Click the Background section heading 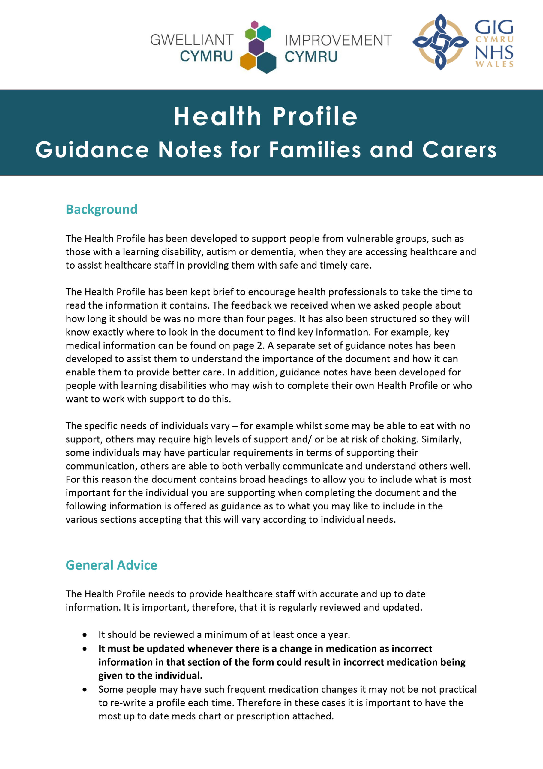[x=101, y=209]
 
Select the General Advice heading [x=111, y=565]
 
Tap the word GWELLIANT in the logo [x=192, y=40]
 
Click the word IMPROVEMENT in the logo [x=338, y=40]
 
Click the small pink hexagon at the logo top [x=255, y=24]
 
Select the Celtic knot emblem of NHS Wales [x=440, y=42]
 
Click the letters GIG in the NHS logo [x=494, y=27]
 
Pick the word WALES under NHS [x=494, y=64]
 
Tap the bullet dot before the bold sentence [x=85, y=649]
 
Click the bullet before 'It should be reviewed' [x=85, y=635]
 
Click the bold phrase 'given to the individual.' [x=150, y=676]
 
